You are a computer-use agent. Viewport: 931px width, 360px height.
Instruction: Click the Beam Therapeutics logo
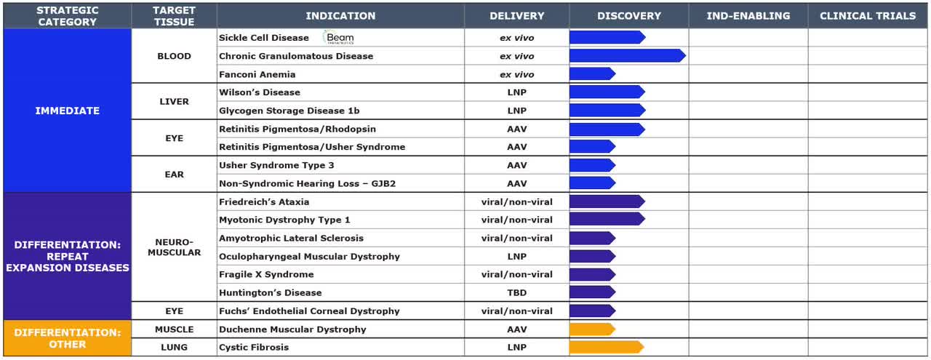pyautogui.click(x=338, y=38)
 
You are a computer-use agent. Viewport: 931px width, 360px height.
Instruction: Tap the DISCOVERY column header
pyautogui.click(x=628, y=15)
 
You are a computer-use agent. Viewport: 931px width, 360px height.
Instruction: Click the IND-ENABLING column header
pyautogui.click(x=748, y=15)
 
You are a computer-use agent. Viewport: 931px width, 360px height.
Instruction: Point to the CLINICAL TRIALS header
pyautogui.click(x=868, y=15)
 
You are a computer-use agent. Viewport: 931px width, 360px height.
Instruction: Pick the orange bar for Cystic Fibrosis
pyautogui.click(x=606, y=347)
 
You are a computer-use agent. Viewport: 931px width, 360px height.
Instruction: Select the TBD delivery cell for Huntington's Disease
pyautogui.click(x=516, y=292)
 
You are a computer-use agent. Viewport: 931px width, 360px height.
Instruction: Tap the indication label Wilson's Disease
pyautogui.click(x=260, y=92)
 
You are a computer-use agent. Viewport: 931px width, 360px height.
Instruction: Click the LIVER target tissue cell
pyautogui.click(x=174, y=102)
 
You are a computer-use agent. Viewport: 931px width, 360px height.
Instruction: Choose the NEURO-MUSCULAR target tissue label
pyautogui.click(x=174, y=247)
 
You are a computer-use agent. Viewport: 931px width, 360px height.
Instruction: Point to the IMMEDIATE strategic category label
pyautogui.click(x=68, y=111)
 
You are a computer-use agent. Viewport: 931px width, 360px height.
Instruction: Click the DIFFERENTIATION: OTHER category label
pyautogui.click(x=68, y=338)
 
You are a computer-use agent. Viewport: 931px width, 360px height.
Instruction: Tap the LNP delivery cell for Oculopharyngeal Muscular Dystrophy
pyautogui.click(x=516, y=256)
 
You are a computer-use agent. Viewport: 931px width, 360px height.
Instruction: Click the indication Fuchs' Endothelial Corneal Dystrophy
pyautogui.click(x=309, y=311)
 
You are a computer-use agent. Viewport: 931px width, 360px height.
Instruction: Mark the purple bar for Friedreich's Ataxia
pyautogui.click(x=606, y=201)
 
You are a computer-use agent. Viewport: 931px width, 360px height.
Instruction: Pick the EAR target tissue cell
pyautogui.click(x=174, y=175)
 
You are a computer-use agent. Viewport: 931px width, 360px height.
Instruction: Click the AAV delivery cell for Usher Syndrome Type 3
pyautogui.click(x=516, y=165)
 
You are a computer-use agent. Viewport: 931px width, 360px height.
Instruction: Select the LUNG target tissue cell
pyautogui.click(x=174, y=347)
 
